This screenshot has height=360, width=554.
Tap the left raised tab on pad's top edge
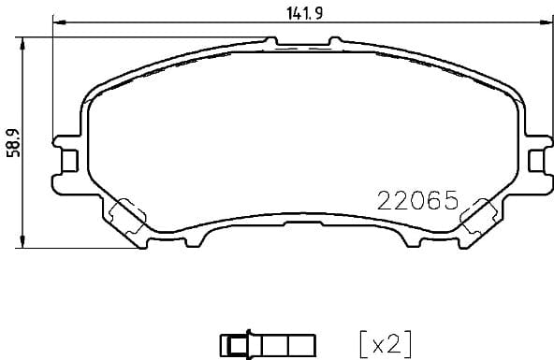(272, 40)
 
